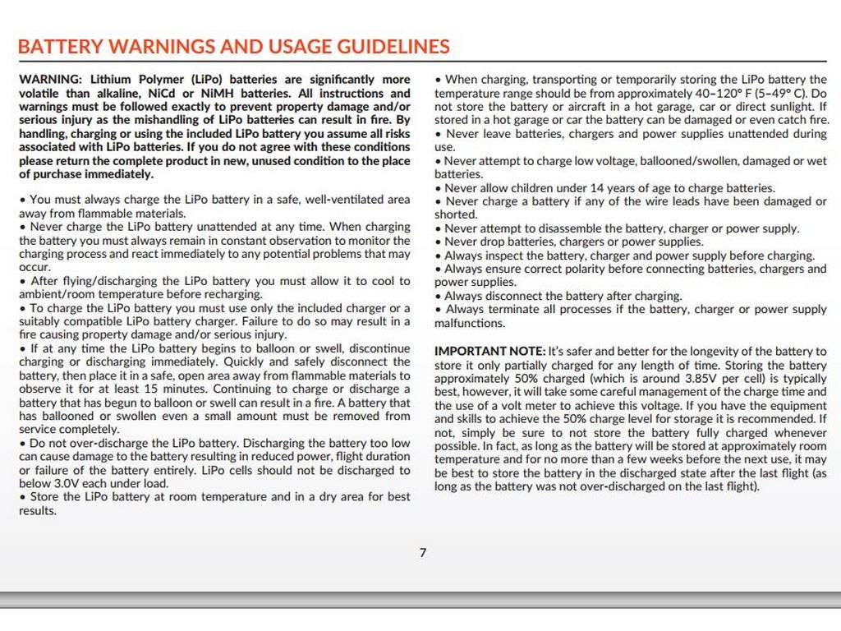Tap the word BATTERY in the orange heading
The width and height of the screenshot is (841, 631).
click(60, 47)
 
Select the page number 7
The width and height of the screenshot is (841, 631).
click(423, 553)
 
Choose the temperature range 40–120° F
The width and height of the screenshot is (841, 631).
click(710, 94)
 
